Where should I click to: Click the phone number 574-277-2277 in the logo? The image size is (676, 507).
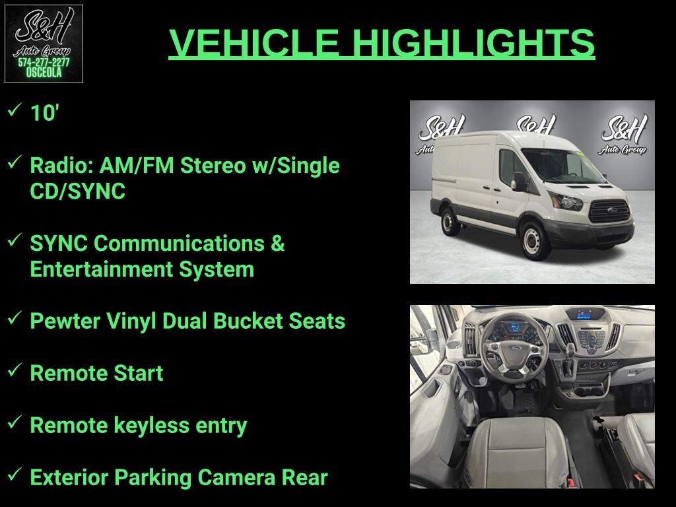pos(44,63)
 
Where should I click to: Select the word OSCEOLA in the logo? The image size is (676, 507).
pos(44,73)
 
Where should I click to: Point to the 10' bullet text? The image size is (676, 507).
pos(44,113)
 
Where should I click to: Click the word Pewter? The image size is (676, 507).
pos(65,321)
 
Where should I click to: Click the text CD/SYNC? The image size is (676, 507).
pos(78,191)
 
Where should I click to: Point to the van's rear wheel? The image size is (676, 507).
pos(449,222)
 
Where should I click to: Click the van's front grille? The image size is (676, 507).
pos(609,211)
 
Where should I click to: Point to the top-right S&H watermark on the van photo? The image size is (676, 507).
pos(623,134)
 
